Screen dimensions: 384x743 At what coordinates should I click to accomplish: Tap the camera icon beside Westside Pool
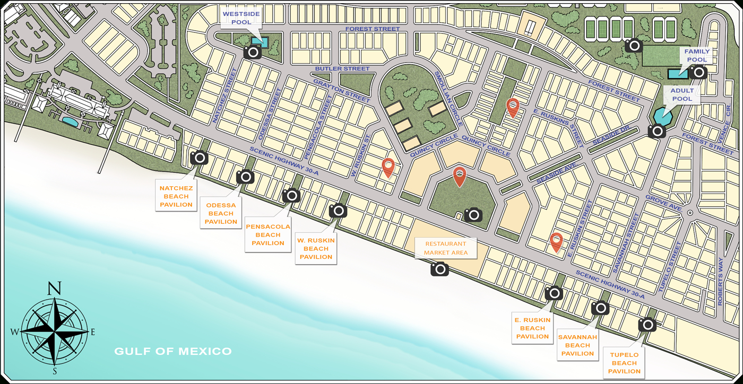253,51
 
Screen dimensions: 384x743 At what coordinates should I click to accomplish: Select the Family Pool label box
696,56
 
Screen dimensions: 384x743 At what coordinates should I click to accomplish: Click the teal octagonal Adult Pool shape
663,115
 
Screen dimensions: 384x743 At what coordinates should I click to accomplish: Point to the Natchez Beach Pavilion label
176,196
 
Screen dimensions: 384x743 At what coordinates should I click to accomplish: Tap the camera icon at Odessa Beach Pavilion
245,177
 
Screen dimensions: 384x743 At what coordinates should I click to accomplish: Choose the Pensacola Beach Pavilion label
268,234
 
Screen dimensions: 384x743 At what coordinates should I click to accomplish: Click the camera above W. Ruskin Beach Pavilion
338,211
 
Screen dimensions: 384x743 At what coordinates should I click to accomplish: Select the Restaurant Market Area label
446,248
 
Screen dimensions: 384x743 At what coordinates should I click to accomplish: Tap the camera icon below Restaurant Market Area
439,269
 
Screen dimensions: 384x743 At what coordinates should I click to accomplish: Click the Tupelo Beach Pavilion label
624,363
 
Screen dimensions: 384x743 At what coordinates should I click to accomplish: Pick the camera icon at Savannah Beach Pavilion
600,308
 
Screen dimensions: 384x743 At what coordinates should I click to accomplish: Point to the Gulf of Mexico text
173,351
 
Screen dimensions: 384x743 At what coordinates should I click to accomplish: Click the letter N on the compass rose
54,288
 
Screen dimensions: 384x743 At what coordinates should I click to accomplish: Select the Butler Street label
342,69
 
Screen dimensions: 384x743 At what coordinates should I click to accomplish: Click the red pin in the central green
459,177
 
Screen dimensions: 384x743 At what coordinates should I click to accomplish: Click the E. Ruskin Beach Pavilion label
532,328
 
